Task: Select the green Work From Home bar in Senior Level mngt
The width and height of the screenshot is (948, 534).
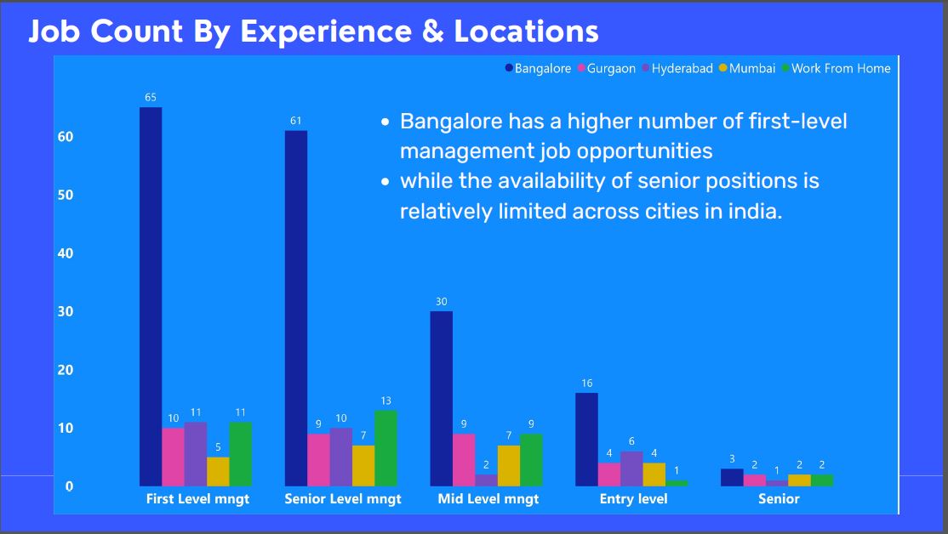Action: [385, 448]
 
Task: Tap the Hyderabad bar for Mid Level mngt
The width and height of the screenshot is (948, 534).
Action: [486, 480]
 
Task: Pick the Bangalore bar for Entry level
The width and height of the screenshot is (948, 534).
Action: [586, 439]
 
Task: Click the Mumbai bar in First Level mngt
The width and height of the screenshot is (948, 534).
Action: [218, 471]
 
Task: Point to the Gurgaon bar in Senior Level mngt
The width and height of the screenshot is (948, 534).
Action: [318, 459]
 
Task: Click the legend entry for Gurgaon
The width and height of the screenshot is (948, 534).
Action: [611, 69]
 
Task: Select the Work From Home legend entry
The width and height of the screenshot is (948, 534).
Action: [840, 69]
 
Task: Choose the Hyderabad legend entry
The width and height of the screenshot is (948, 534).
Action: [682, 69]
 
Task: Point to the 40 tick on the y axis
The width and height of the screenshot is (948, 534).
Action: [66, 253]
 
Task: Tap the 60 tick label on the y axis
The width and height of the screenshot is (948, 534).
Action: [66, 137]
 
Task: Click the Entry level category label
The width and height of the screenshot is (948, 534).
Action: [633, 499]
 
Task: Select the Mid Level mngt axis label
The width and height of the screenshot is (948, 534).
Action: [488, 499]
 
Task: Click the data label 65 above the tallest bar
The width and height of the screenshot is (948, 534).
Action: [151, 97]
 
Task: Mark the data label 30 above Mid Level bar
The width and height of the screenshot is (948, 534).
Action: [441, 301]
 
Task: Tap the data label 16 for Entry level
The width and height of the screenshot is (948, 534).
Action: [586, 383]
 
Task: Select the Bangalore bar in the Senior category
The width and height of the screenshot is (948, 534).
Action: [732, 477]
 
